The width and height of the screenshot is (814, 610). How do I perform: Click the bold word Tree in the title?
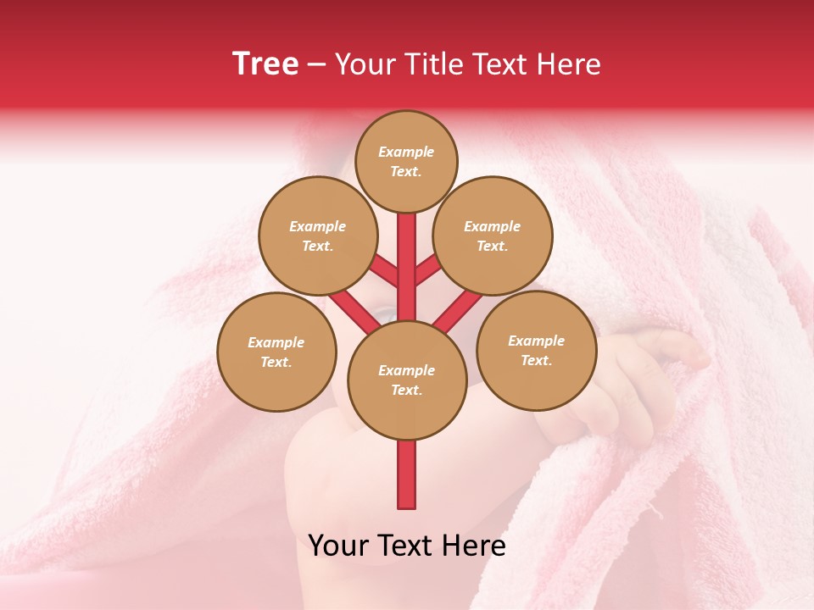pos(265,64)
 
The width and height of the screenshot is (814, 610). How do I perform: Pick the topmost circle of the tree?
pos(406,161)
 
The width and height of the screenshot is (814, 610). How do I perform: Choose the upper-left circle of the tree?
pos(318,236)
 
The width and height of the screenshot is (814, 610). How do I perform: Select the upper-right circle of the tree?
pos(493,236)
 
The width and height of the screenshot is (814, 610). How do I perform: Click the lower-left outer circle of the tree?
pos(276,352)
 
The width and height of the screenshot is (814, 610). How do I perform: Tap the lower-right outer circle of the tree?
pos(536,350)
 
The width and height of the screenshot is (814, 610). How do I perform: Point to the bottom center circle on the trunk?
pos(407,380)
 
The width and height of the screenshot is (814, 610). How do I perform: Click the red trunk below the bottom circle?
pos(407,474)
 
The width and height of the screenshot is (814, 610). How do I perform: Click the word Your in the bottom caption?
pos(338,546)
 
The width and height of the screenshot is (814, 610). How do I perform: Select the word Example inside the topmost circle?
pos(406,152)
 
